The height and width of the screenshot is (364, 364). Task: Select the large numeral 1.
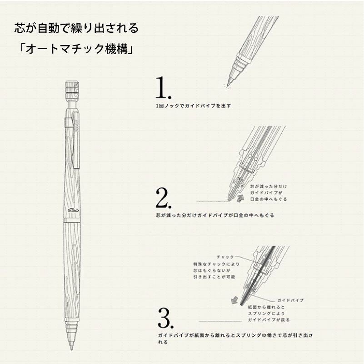(163, 88)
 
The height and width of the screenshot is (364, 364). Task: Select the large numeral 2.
(163, 197)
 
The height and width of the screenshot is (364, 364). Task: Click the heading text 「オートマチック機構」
(74, 49)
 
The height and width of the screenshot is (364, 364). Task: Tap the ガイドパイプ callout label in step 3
(289, 301)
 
